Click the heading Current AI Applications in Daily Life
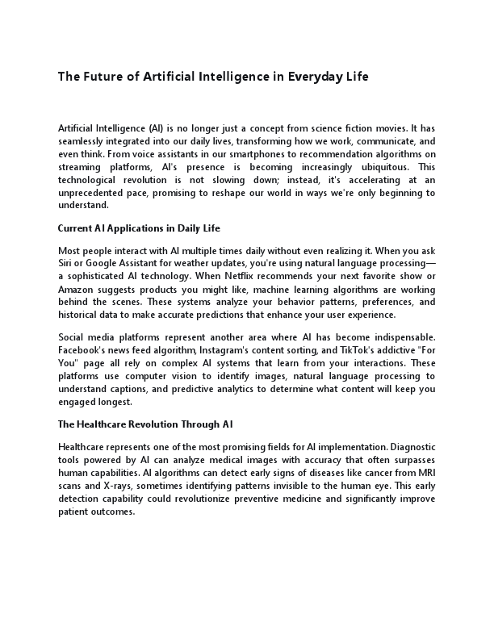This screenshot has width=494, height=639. pos(139,228)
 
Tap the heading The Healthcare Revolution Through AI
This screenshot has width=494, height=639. pos(145,424)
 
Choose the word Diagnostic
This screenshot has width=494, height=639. pos(407,446)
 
